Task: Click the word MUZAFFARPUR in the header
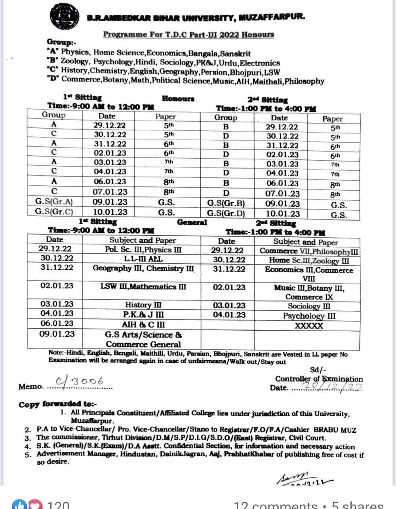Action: (x=272, y=17)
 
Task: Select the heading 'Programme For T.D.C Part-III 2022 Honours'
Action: (x=188, y=34)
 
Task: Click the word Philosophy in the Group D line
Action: (x=304, y=81)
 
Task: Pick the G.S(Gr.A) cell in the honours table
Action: (x=54, y=202)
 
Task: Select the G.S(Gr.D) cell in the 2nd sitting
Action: (x=225, y=214)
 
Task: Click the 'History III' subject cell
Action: (x=143, y=305)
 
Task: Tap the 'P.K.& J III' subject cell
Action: (x=143, y=314)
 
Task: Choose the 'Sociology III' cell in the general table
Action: (x=309, y=306)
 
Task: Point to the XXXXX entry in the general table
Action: (x=309, y=326)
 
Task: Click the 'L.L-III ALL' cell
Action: (x=143, y=259)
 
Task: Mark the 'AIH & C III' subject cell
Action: (x=143, y=325)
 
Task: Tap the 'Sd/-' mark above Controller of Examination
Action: (x=318, y=370)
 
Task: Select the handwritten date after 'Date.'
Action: (x=332, y=387)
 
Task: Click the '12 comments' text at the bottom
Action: (x=276, y=505)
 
